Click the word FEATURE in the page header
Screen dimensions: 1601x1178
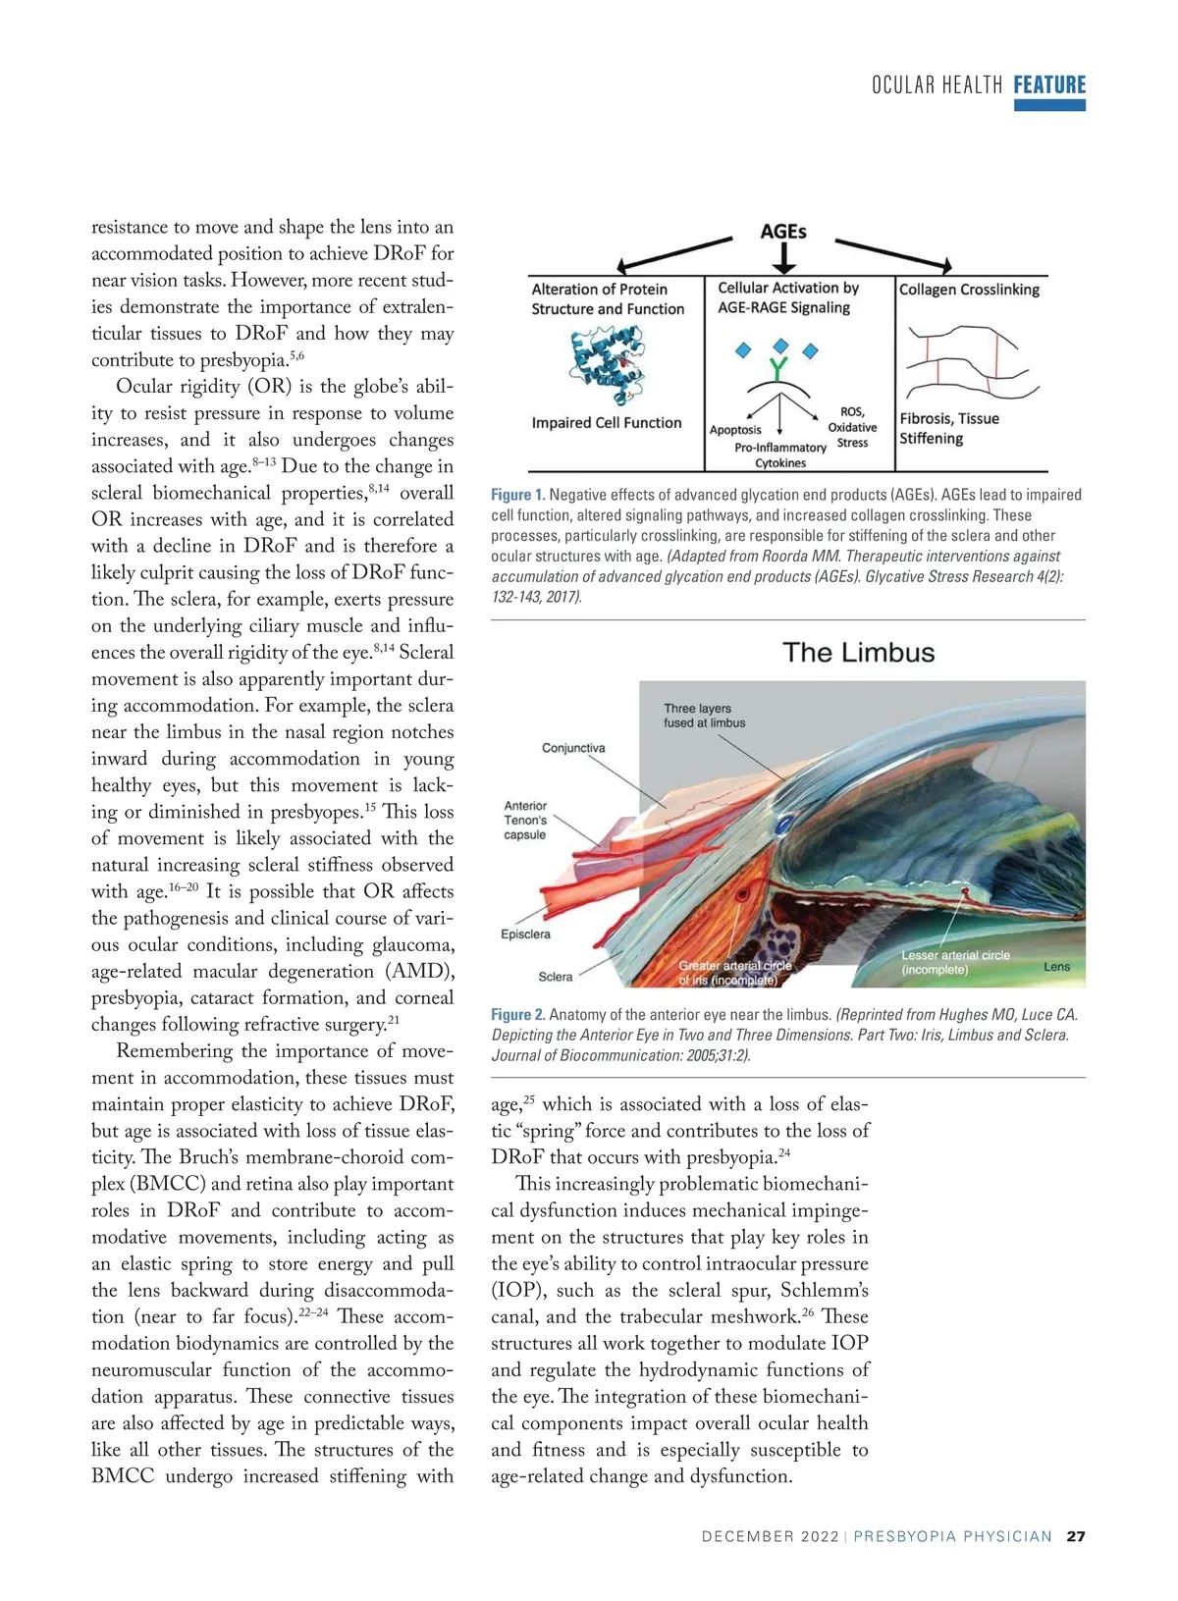[1049, 85]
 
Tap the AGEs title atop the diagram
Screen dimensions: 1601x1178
[783, 232]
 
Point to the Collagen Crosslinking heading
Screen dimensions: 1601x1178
[969, 290]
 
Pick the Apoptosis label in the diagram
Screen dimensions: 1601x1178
[735, 430]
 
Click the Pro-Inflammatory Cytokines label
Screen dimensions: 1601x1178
[780, 454]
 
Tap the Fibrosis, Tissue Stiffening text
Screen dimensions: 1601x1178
[948, 428]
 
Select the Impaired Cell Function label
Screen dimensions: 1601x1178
[606, 423]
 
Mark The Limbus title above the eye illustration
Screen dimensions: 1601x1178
[858, 653]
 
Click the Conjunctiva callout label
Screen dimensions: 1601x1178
[573, 748]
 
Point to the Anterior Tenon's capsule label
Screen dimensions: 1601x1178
[525, 820]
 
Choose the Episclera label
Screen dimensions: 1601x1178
[525, 934]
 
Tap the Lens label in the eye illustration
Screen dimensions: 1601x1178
[1056, 967]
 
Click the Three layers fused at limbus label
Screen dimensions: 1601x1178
[704, 716]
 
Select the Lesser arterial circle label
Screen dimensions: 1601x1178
[955, 962]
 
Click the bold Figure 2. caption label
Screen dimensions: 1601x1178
[517, 1015]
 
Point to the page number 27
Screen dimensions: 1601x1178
[1076, 1536]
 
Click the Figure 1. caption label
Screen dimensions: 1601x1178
[517, 495]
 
